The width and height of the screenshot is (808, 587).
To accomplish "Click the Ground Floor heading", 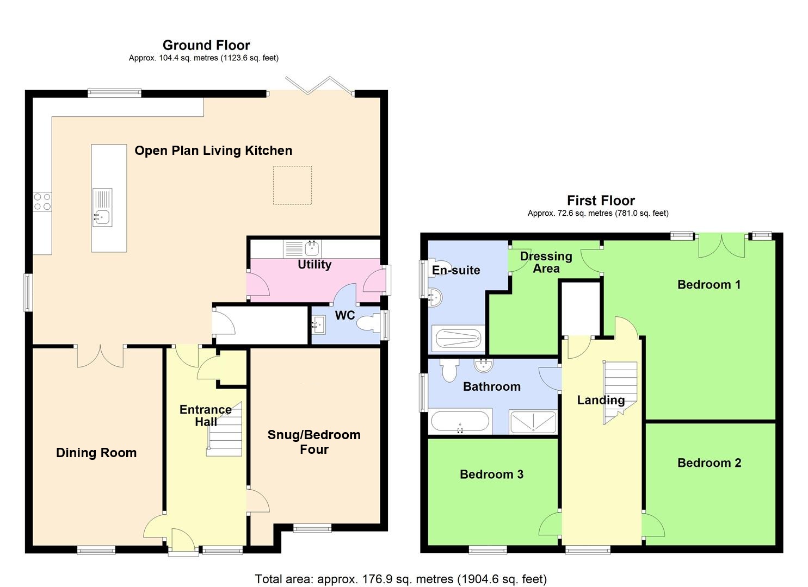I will pyautogui.click(x=206, y=45).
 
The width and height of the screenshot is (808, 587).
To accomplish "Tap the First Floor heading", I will pyautogui.click(x=601, y=201).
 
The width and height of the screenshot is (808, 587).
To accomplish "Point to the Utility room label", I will pyautogui.click(x=314, y=265).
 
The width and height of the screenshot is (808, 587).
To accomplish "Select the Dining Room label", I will pyautogui.click(x=96, y=453).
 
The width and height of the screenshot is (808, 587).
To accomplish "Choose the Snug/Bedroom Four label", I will pyautogui.click(x=314, y=442).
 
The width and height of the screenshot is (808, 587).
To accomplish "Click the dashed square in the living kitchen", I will pyautogui.click(x=292, y=185).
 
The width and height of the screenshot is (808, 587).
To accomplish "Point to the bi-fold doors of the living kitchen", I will pyautogui.click(x=319, y=85).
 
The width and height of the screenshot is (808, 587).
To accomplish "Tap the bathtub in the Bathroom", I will pyautogui.click(x=460, y=421).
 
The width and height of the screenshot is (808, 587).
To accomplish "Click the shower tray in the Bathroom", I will pyautogui.click(x=533, y=422).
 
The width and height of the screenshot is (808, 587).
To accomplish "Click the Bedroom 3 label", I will pyautogui.click(x=491, y=474).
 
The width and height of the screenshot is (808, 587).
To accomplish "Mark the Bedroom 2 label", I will pyautogui.click(x=709, y=463).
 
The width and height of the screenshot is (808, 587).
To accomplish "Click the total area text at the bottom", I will pyautogui.click(x=401, y=579).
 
